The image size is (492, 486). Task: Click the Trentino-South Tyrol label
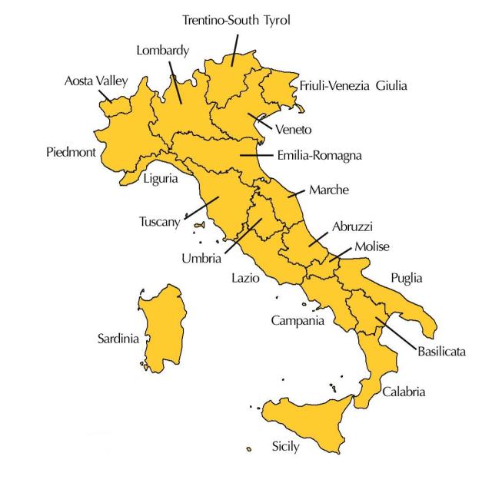pos(236,19)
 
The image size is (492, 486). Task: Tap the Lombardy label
pos(162,51)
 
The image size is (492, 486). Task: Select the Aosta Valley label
pos(96,81)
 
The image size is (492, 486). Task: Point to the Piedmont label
pos(71,152)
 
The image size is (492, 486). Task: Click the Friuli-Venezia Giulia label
pos(353,85)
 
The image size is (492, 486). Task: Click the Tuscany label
pos(159,222)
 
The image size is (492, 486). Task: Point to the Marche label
pos(329,190)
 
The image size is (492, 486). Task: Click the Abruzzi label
pos(352,226)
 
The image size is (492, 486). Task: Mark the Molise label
pos(372,246)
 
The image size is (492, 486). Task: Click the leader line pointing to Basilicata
pos(397,331)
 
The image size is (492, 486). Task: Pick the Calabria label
pos(404,392)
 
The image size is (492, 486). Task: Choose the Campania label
pos(298,320)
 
